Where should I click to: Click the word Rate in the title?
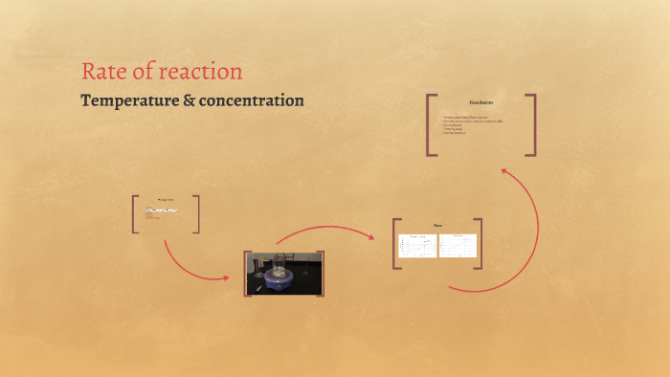[101, 72]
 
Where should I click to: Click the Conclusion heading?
[480, 102]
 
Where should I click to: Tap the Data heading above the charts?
[437, 226]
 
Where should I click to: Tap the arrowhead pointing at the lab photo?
[226, 277]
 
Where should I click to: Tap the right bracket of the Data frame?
[479, 244]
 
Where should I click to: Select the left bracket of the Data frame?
[396, 244]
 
